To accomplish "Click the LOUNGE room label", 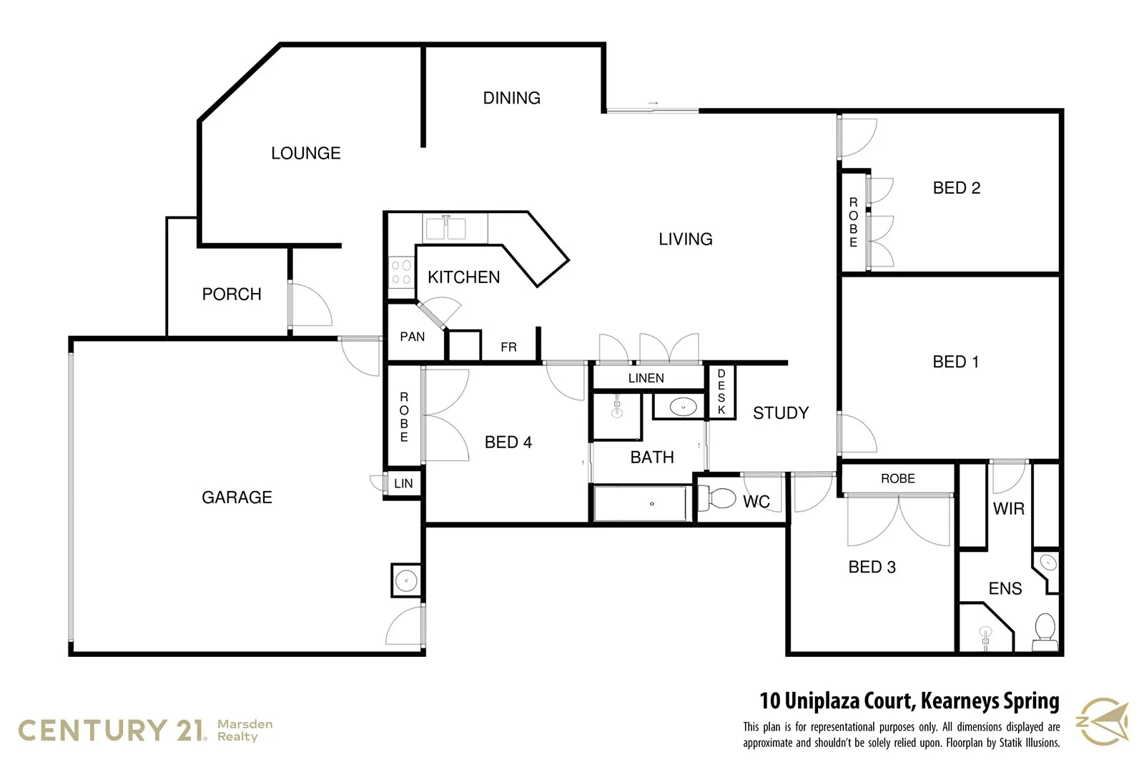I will pos(305,153).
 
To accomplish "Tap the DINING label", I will pos(511,98).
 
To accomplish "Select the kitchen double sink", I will pos(445,229).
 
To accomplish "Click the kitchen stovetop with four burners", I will pos(401,272).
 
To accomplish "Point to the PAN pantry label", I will pos(412,337).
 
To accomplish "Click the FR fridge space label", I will pos(508,347).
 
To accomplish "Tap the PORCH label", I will pos(231,294).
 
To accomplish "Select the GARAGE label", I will pos(237,497).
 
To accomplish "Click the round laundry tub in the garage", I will pos(407,580).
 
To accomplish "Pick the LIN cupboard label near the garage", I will pos(403,483).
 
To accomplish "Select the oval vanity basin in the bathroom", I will pos(683,407).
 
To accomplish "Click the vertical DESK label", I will pos(721,392).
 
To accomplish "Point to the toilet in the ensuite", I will pos(1045,630).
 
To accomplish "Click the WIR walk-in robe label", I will pos(1008,509).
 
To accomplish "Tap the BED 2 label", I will pos(956,188).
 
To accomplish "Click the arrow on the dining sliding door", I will pos(652,104).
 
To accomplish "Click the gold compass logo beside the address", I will pos(1104,722).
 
